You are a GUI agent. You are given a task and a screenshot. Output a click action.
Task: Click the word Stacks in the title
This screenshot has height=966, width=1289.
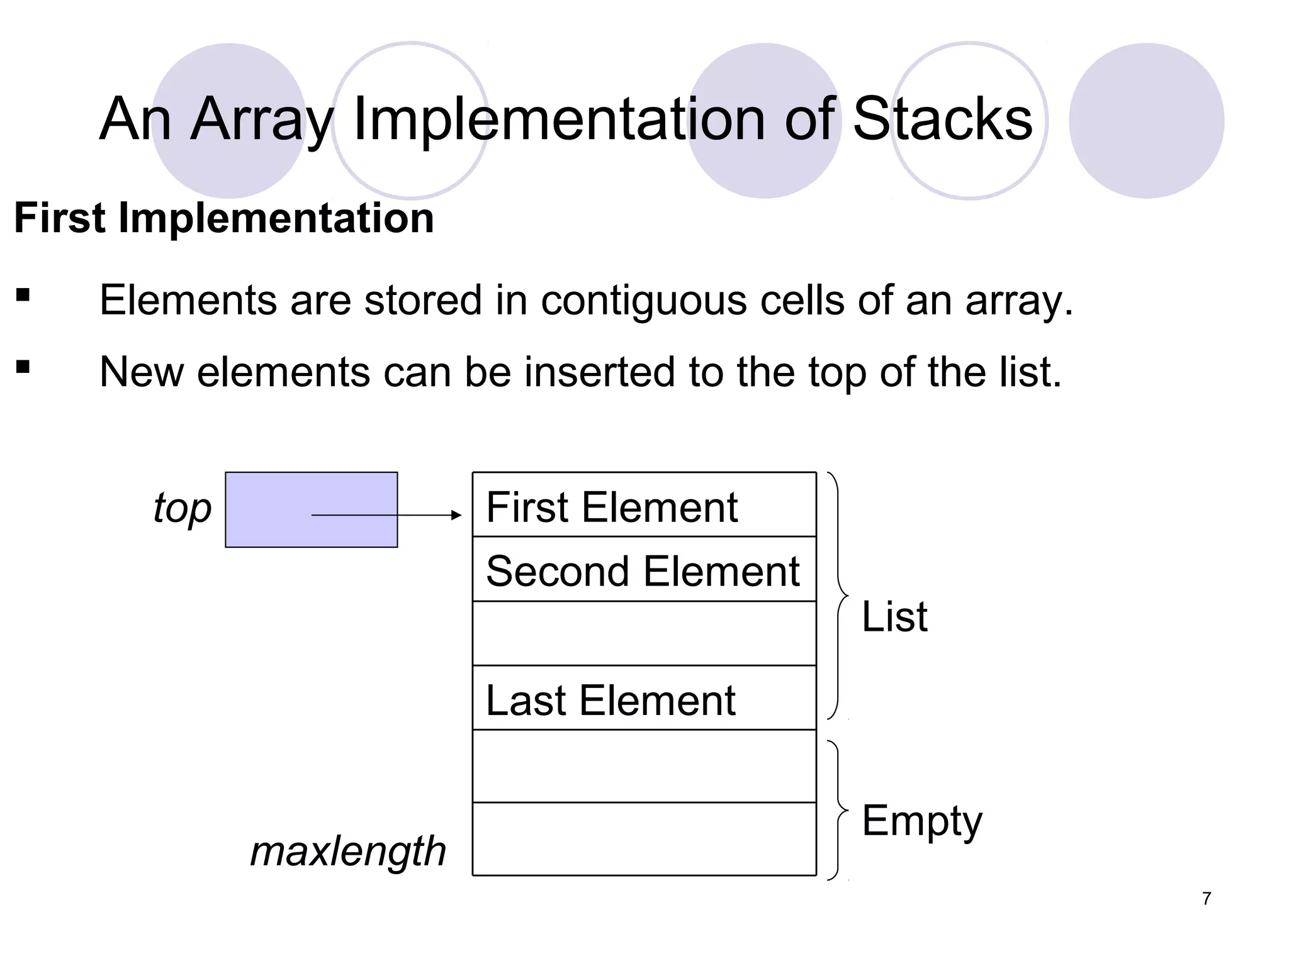click(x=942, y=119)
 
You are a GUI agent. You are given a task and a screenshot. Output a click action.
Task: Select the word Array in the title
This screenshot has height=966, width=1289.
click(x=261, y=119)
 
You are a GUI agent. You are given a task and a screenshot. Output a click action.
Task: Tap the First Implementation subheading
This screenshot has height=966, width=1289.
click(x=224, y=218)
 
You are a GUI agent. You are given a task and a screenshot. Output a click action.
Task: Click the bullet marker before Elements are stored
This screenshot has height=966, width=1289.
click(x=23, y=295)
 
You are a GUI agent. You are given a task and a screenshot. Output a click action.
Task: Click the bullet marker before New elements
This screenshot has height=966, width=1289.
click(x=23, y=367)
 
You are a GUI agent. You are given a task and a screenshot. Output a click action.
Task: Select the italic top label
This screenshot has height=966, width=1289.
click(x=182, y=508)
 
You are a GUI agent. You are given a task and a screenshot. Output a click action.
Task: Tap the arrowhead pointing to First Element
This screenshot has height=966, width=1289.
click(x=457, y=515)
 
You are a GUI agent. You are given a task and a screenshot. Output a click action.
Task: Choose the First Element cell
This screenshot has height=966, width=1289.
click(x=644, y=505)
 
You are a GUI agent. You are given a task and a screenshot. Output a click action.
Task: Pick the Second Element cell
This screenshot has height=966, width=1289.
click(x=644, y=570)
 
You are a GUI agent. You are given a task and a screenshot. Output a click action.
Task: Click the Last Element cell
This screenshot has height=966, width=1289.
click(x=644, y=699)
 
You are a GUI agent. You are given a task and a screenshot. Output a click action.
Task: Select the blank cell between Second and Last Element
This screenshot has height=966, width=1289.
click(x=644, y=634)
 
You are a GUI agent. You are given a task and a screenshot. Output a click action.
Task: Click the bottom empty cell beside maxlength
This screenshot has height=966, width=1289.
click(x=644, y=839)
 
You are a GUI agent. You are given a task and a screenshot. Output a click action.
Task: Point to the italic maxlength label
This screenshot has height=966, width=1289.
click(x=348, y=852)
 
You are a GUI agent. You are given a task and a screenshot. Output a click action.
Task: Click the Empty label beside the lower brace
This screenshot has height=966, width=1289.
click(x=921, y=821)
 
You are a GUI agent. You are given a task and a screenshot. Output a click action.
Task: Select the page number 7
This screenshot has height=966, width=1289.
click(x=1206, y=899)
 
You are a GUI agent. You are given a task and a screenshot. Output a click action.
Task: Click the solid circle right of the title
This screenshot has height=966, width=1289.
click(x=1146, y=121)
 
